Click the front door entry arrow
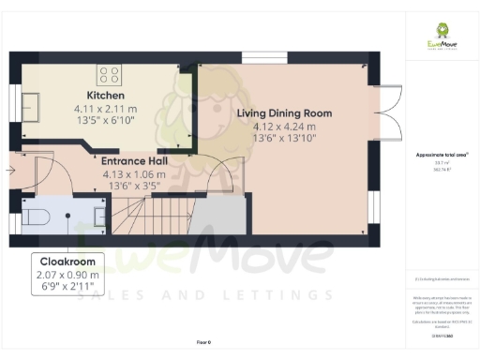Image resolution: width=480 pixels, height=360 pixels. coord(9,171)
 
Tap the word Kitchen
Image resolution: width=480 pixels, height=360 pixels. coord(106,96)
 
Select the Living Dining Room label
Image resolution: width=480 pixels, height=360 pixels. coord(284,113)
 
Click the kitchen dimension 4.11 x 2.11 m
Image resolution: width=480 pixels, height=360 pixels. coord(106,108)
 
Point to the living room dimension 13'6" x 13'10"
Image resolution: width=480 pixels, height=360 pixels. coord(284,139)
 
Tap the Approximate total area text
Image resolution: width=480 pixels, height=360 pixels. coord(441,153)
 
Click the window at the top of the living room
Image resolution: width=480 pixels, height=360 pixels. coord(270,58)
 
